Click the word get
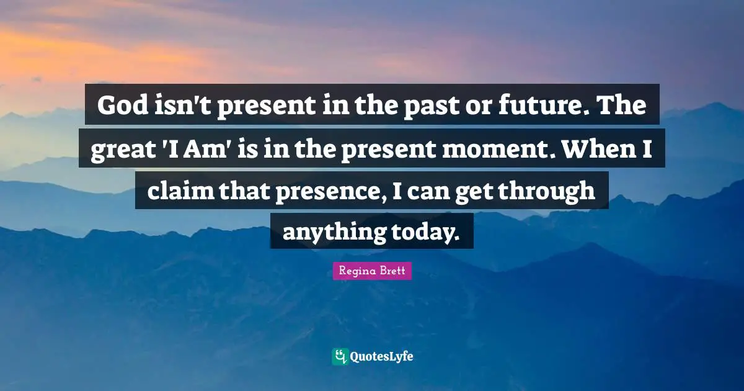481,190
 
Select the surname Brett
392,271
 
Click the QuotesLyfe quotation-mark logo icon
339,356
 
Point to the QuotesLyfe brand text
382,357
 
